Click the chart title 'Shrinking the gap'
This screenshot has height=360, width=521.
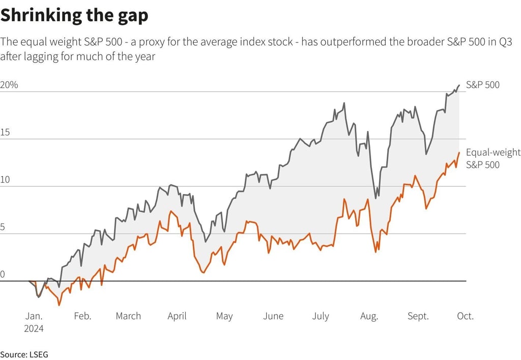(74, 16)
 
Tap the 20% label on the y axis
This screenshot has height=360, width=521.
(9, 85)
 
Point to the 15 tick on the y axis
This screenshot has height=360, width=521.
(5, 132)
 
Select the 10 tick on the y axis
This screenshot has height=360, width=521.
(5, 180)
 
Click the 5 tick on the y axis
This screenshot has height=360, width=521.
(3, 227)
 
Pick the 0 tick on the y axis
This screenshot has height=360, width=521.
(3, 274)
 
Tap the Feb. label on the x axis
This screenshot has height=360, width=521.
(82, 316)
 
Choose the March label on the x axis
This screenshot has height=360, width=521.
(128, 316)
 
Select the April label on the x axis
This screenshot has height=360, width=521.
(177, 316)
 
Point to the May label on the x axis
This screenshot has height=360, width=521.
(224, 316)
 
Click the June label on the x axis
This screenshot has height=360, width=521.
(273, 316)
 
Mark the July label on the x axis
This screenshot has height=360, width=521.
(321, 316)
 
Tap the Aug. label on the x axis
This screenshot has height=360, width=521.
(369, 316)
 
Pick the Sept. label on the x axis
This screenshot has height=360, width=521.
(418, 316)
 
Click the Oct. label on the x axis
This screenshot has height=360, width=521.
(465, 316)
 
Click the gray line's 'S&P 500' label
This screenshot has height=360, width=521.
(482, 85)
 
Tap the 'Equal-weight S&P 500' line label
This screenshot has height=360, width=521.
(493, 158)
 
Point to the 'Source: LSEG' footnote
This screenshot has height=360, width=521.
(24, 354)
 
